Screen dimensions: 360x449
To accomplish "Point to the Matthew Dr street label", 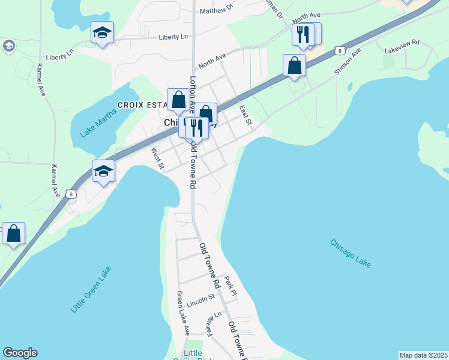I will coord(216,10).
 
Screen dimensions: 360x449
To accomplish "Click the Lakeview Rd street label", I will coord(402,47).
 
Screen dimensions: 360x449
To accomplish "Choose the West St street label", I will coord(158,159).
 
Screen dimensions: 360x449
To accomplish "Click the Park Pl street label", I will coord(231,285).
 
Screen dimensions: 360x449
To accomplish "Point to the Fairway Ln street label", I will coord(214,324).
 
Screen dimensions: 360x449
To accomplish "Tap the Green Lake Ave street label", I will coord(182,313).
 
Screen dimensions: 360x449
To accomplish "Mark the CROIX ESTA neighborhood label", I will coord(142,105).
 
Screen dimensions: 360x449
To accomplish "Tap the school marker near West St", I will coord(103,171).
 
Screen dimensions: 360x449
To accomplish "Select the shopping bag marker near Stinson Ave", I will coord(295,65).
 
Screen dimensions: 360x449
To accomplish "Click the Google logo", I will coord(20,353).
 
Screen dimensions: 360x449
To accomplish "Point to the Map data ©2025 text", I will coord(423,355).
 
